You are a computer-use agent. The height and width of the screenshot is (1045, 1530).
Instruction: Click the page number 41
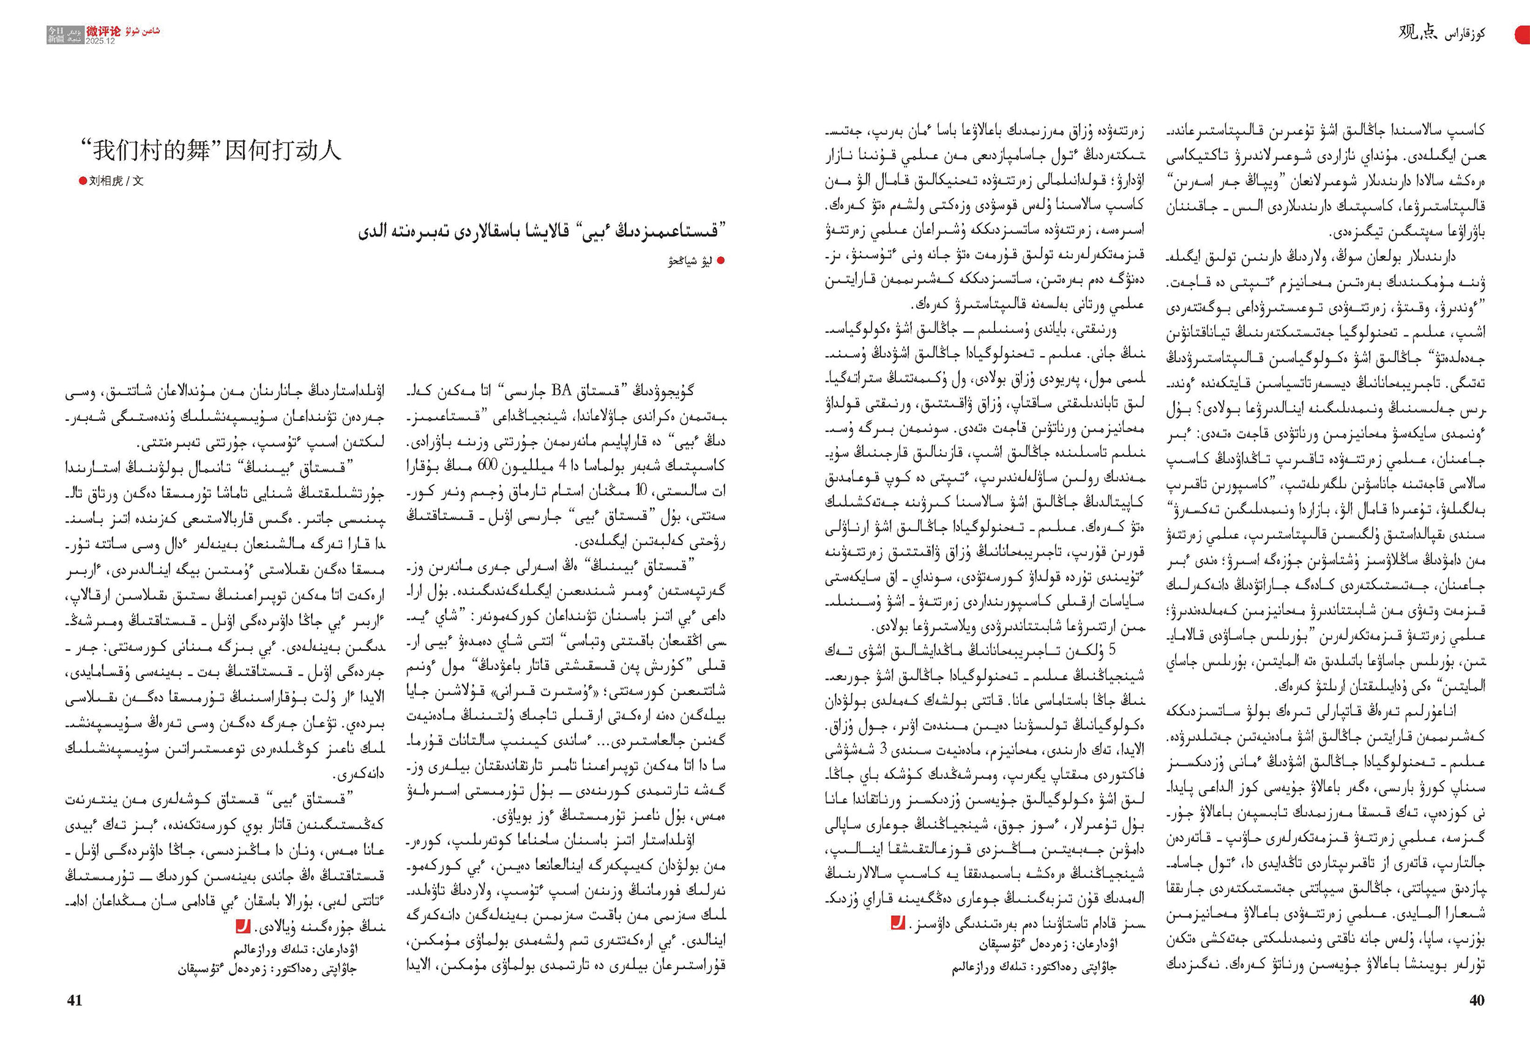click(x=75, y=1000)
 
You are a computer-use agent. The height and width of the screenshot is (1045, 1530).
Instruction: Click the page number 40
click(x=1477, y=1000)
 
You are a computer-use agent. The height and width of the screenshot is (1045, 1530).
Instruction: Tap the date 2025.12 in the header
click(x=100, y=41)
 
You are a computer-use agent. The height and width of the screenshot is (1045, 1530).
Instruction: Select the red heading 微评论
click(x=104, y=31)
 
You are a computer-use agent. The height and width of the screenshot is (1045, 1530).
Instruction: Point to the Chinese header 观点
click(x=1417, y=32)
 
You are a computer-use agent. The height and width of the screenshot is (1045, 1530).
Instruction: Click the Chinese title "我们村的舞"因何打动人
click(x=210, y=151)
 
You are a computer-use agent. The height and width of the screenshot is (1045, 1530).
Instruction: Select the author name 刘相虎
click(x=106, y=181)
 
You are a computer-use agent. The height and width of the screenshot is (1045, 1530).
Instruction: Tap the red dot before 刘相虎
click(x=82, y=181)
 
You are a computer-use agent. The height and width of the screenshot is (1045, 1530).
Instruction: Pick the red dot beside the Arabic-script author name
click(x=720, y=261)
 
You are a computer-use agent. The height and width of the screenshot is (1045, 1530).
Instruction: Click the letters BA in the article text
click(x=561, y=391)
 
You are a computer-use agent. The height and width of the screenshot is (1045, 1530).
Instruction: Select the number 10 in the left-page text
click(x=641, y=490)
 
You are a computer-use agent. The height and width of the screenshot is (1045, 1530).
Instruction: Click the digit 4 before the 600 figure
click(x=563, y=465)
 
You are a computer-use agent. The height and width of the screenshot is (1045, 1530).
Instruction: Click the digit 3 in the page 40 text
click(x=884, y=749)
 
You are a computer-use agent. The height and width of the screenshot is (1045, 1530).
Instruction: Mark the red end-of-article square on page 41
click(x=242, y=926)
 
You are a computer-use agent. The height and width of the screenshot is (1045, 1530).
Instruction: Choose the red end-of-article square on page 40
click(x=897, y=923)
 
